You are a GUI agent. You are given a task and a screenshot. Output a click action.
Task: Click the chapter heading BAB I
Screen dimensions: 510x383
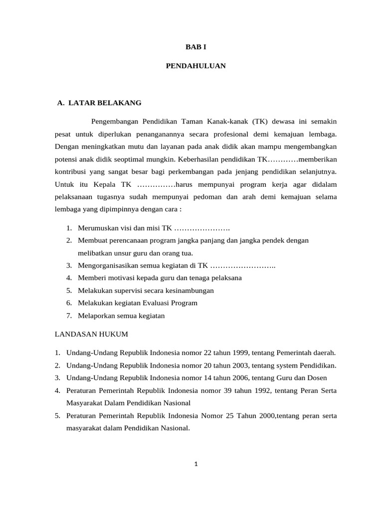pyautogui.click(x=196, y=47)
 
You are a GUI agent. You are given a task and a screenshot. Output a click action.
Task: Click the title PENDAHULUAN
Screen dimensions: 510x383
pyautogui.click(x=196, y=66)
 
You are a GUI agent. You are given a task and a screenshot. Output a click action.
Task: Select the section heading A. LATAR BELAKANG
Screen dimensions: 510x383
pyautogui.click(x=99, y=103)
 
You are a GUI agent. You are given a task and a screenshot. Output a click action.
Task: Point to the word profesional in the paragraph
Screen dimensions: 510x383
pyautogui.click(x=226, y=134)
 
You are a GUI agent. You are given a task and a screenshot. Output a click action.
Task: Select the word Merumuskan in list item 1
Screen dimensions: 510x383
pyautogui.click(x=98, y=228)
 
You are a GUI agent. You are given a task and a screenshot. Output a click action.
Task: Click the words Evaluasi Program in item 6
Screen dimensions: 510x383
pyautogui.click(x=172, y=303)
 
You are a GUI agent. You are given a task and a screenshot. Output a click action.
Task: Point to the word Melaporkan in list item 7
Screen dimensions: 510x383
pyautogui.click(x=96, y=315)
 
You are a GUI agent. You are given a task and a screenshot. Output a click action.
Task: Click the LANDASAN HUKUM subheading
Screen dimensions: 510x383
pyautogui.click(x=91, y=334)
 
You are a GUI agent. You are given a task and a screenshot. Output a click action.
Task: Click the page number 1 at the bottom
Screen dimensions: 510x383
pyautogui.click(x=196, y=464)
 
